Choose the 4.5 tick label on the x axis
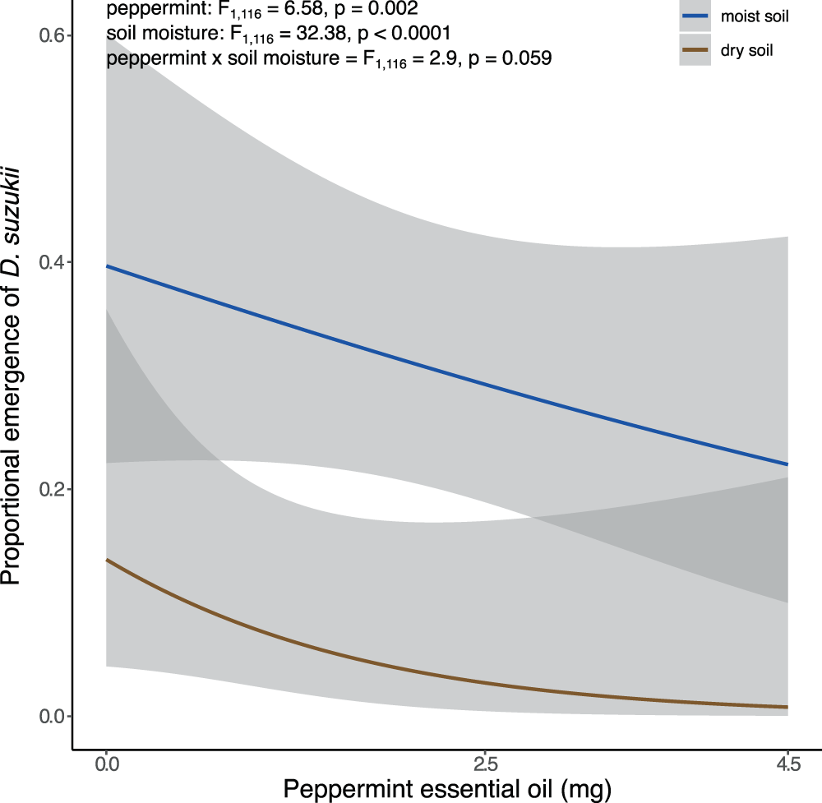click(787, 764)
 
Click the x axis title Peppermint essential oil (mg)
click(447, 790)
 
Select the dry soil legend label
click(748, 51)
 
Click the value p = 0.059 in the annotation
click(509, 59)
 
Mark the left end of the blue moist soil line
click(107, 266)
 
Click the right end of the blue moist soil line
click(787, 464)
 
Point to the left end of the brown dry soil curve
click(107, 560)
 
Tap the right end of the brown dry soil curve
click(787, 707)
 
